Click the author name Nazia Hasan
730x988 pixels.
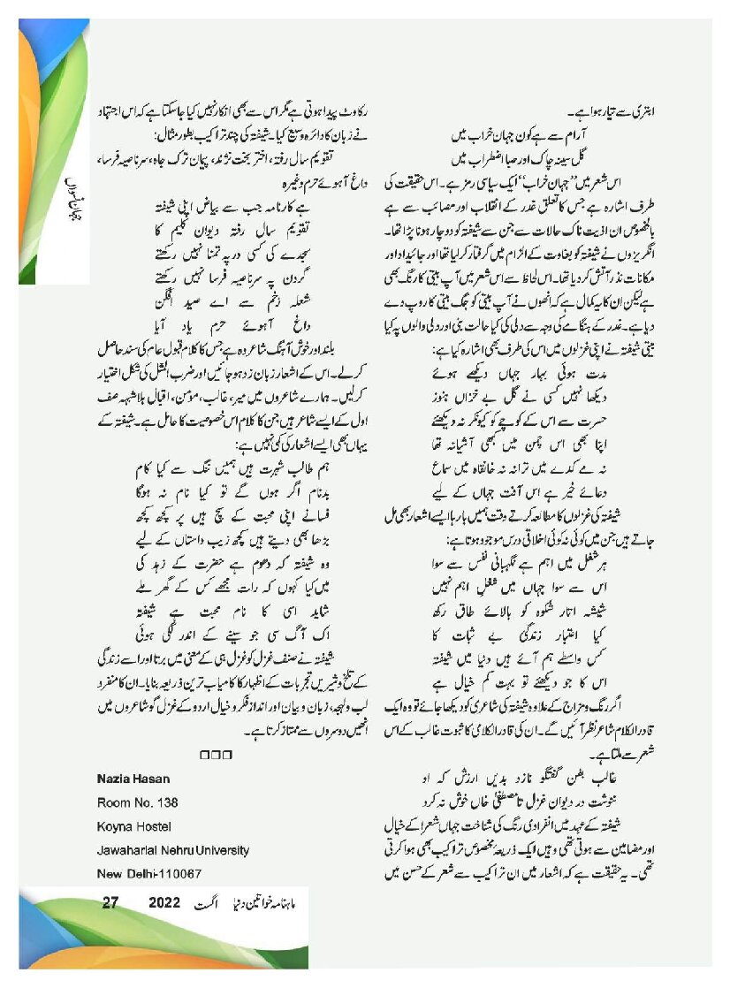[133, 779]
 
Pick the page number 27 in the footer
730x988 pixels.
[110, 903]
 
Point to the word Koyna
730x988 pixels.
[112, 826]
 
